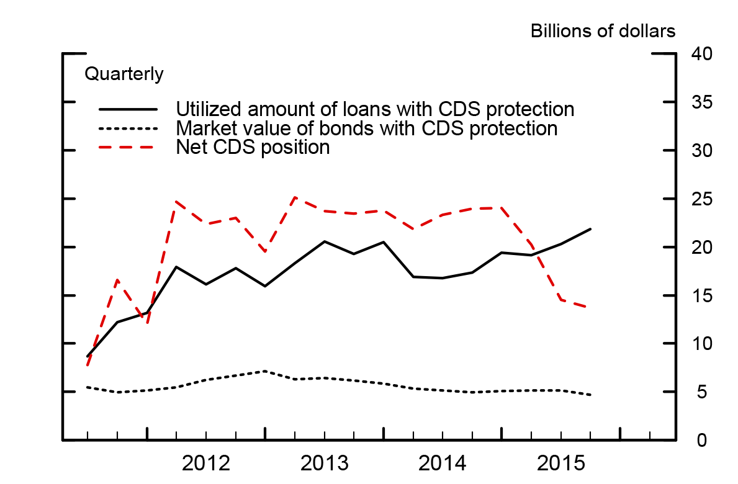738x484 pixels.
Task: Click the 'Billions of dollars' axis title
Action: [x=602, y=32]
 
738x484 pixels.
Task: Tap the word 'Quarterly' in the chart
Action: [x=124, y=74]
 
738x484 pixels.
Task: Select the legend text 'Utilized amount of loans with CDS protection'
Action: [x=375, y=109]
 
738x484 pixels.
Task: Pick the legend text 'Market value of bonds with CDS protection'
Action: [x=367, y=128]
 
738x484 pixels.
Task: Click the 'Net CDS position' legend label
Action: [x=253, y=148]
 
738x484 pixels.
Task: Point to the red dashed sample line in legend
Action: [x=128, y=148]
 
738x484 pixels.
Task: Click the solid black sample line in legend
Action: [x=128, y=109]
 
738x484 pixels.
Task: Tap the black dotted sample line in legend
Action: [x=128, y=128]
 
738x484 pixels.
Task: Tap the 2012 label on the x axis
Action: [x=206, y=463]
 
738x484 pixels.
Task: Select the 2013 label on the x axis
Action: [x=325, y=463]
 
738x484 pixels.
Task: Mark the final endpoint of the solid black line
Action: [x=590, y=229]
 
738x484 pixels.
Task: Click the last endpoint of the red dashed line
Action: [x=590, y=307]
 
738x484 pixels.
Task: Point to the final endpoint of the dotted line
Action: [x=590, y=395]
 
